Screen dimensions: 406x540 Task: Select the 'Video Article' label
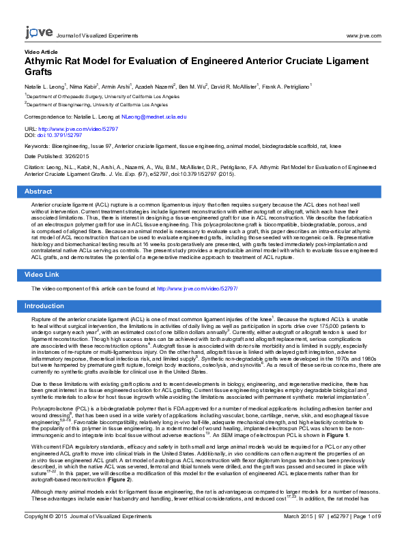(x=41, y=51)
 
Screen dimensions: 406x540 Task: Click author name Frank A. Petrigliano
(x=285, y=87)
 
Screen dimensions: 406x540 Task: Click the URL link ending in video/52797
(x=78, y=128)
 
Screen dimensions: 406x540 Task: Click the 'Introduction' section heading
(x=45, y=306)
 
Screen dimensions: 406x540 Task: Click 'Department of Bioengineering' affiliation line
(x=97, y=105)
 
